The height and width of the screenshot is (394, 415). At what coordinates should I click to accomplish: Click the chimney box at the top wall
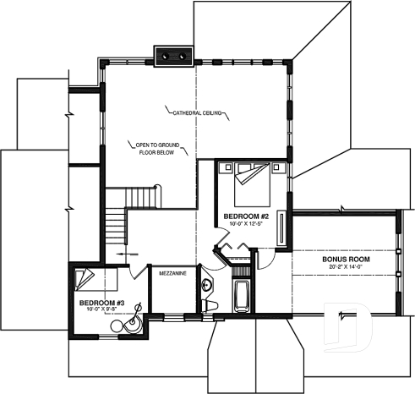pos(172,55)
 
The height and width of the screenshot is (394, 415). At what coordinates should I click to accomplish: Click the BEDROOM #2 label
pos(243,216)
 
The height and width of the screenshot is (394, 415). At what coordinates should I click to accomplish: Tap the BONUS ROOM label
pos(343,260)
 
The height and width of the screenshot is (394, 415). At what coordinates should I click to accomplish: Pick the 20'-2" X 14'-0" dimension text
pos(343,267)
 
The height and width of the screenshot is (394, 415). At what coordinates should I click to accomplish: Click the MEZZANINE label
pos(173,273)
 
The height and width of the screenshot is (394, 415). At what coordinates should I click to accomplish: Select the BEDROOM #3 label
pos(101,302)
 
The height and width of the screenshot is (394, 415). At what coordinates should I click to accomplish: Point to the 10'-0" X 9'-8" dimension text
pos(101,309)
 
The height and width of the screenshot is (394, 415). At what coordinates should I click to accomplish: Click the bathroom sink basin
pos(207,285)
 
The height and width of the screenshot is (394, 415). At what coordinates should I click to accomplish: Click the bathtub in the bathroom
pos(240,298)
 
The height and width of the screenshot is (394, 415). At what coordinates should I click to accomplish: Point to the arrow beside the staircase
pos(127,253)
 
